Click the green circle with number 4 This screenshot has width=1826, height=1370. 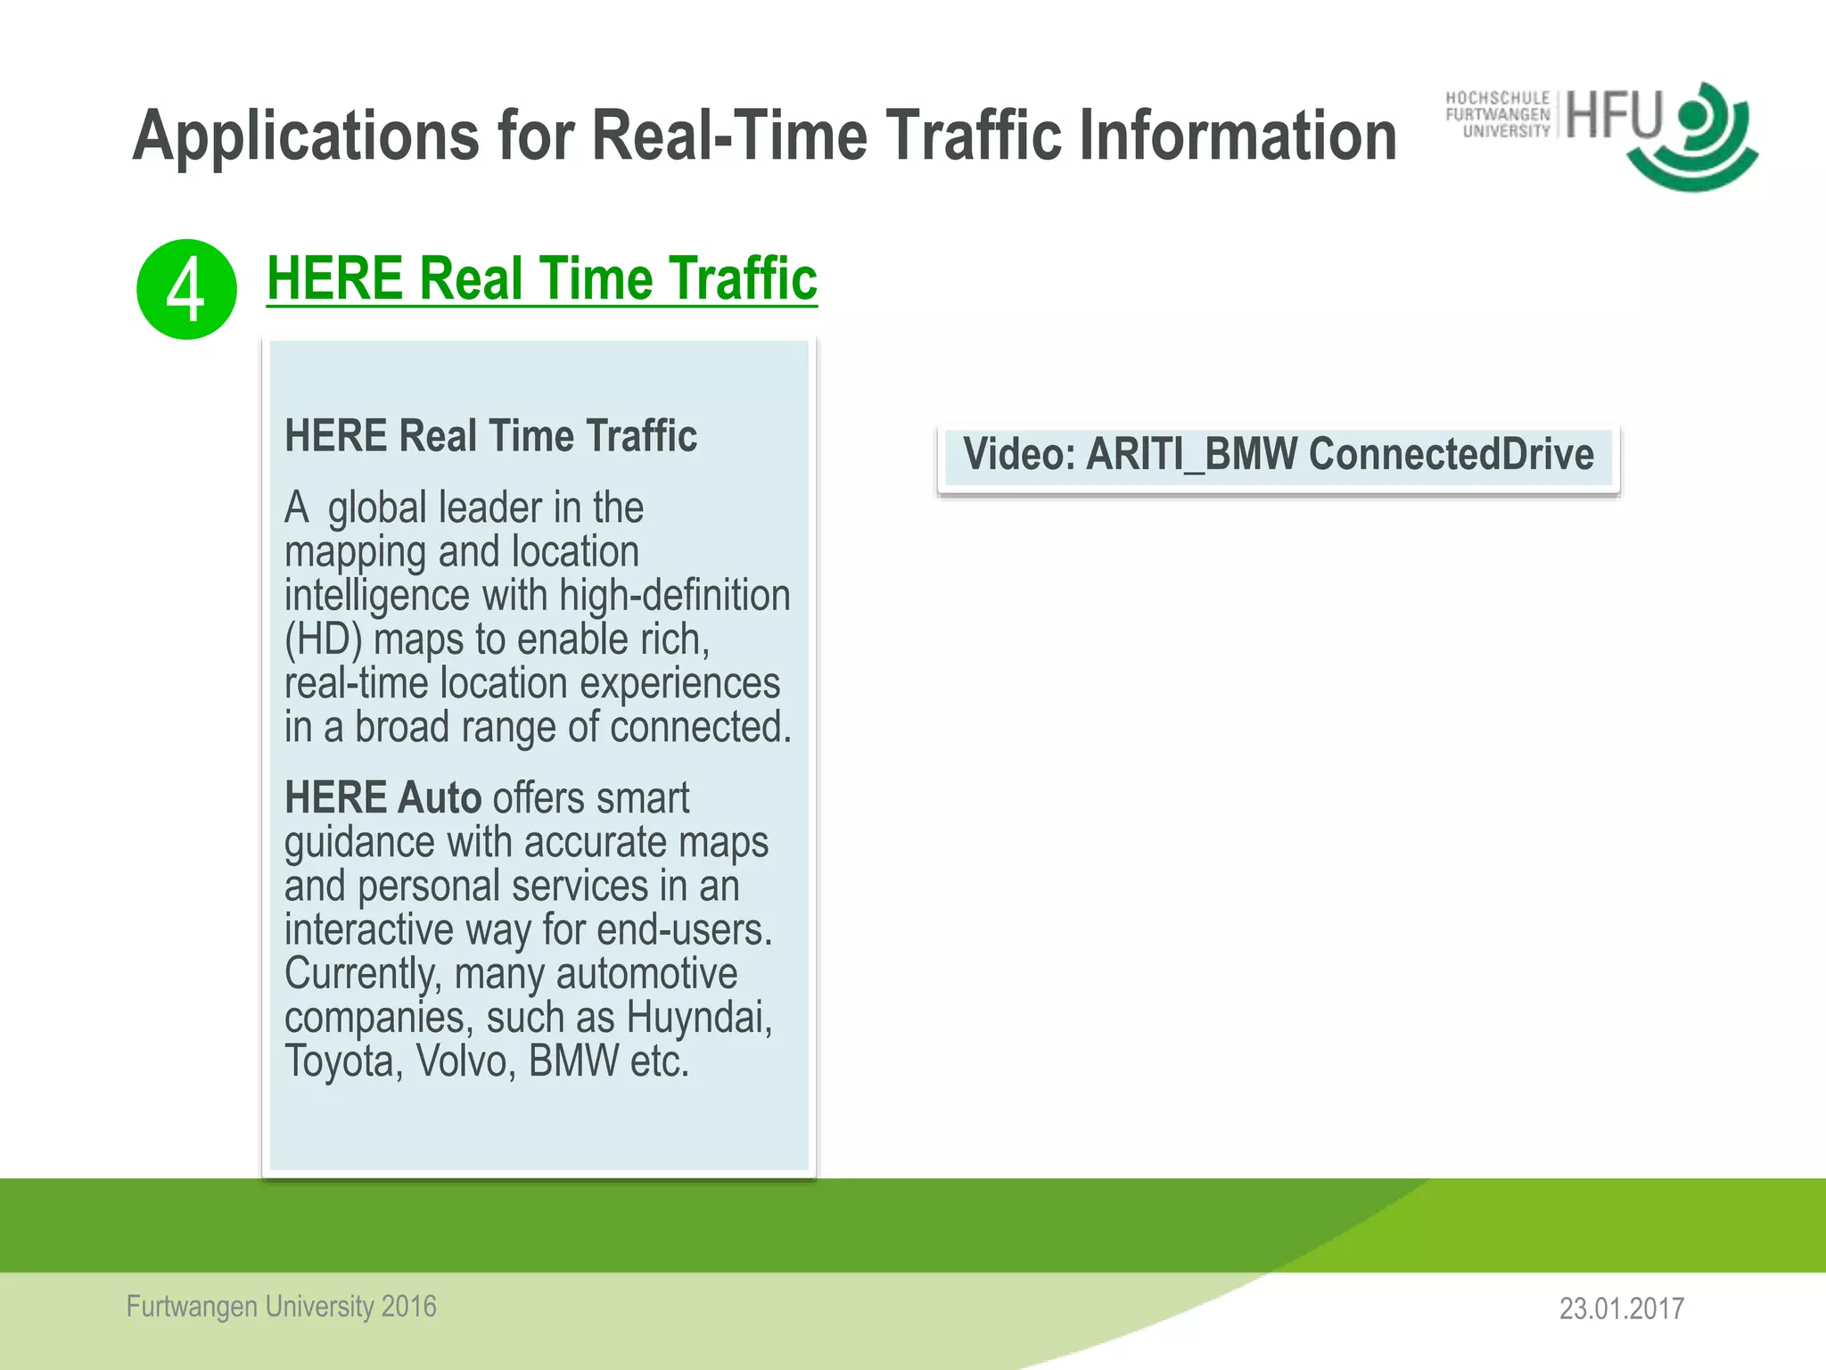[186, 290]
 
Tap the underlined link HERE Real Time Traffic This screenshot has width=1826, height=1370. [541, 278]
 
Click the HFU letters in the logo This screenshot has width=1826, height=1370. [1615, 115]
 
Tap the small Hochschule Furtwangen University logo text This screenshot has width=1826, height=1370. [1498, 115]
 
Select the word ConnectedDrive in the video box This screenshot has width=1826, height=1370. [1451, 454]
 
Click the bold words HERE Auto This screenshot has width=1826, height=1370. [382, 797]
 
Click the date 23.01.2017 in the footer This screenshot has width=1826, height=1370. [1621, 1308]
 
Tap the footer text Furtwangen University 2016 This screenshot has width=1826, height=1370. [282, 1307]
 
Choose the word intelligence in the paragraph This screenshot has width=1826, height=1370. [376, 596]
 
